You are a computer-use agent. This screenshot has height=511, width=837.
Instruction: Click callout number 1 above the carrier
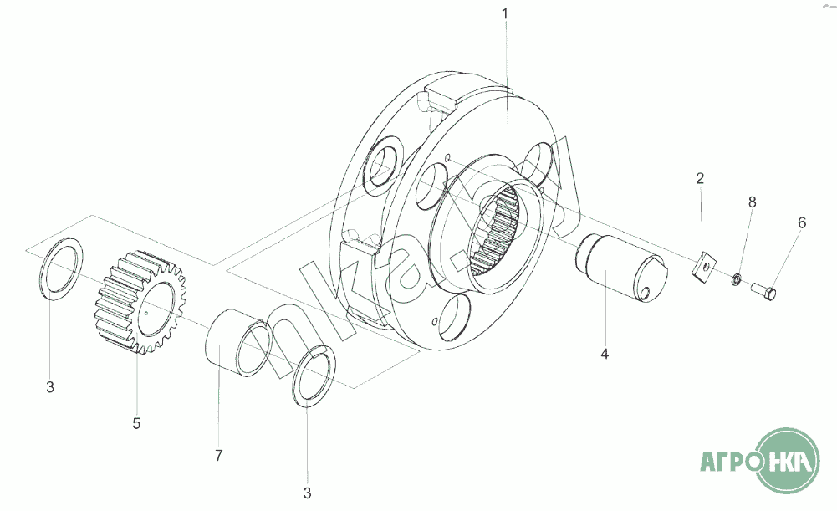click(x=504, y=13)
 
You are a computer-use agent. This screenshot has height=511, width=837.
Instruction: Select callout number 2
click(x=700, y=177)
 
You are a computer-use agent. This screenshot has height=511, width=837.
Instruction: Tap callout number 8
click(x=752, y=202)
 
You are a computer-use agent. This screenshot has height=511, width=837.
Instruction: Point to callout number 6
click(x=802, y=222)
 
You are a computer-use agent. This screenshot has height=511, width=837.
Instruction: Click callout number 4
click(x=604, y=354)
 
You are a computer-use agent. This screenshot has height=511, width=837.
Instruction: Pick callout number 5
click(x=136, y=423)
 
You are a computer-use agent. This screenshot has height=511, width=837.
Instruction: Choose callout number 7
click(x=218, y=456)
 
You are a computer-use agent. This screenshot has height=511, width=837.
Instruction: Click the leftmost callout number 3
click(x=50, y=387)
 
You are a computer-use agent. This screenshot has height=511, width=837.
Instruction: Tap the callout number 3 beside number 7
click(x=307, y=493)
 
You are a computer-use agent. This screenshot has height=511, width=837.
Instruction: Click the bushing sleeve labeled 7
click(x=238, y=342)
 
